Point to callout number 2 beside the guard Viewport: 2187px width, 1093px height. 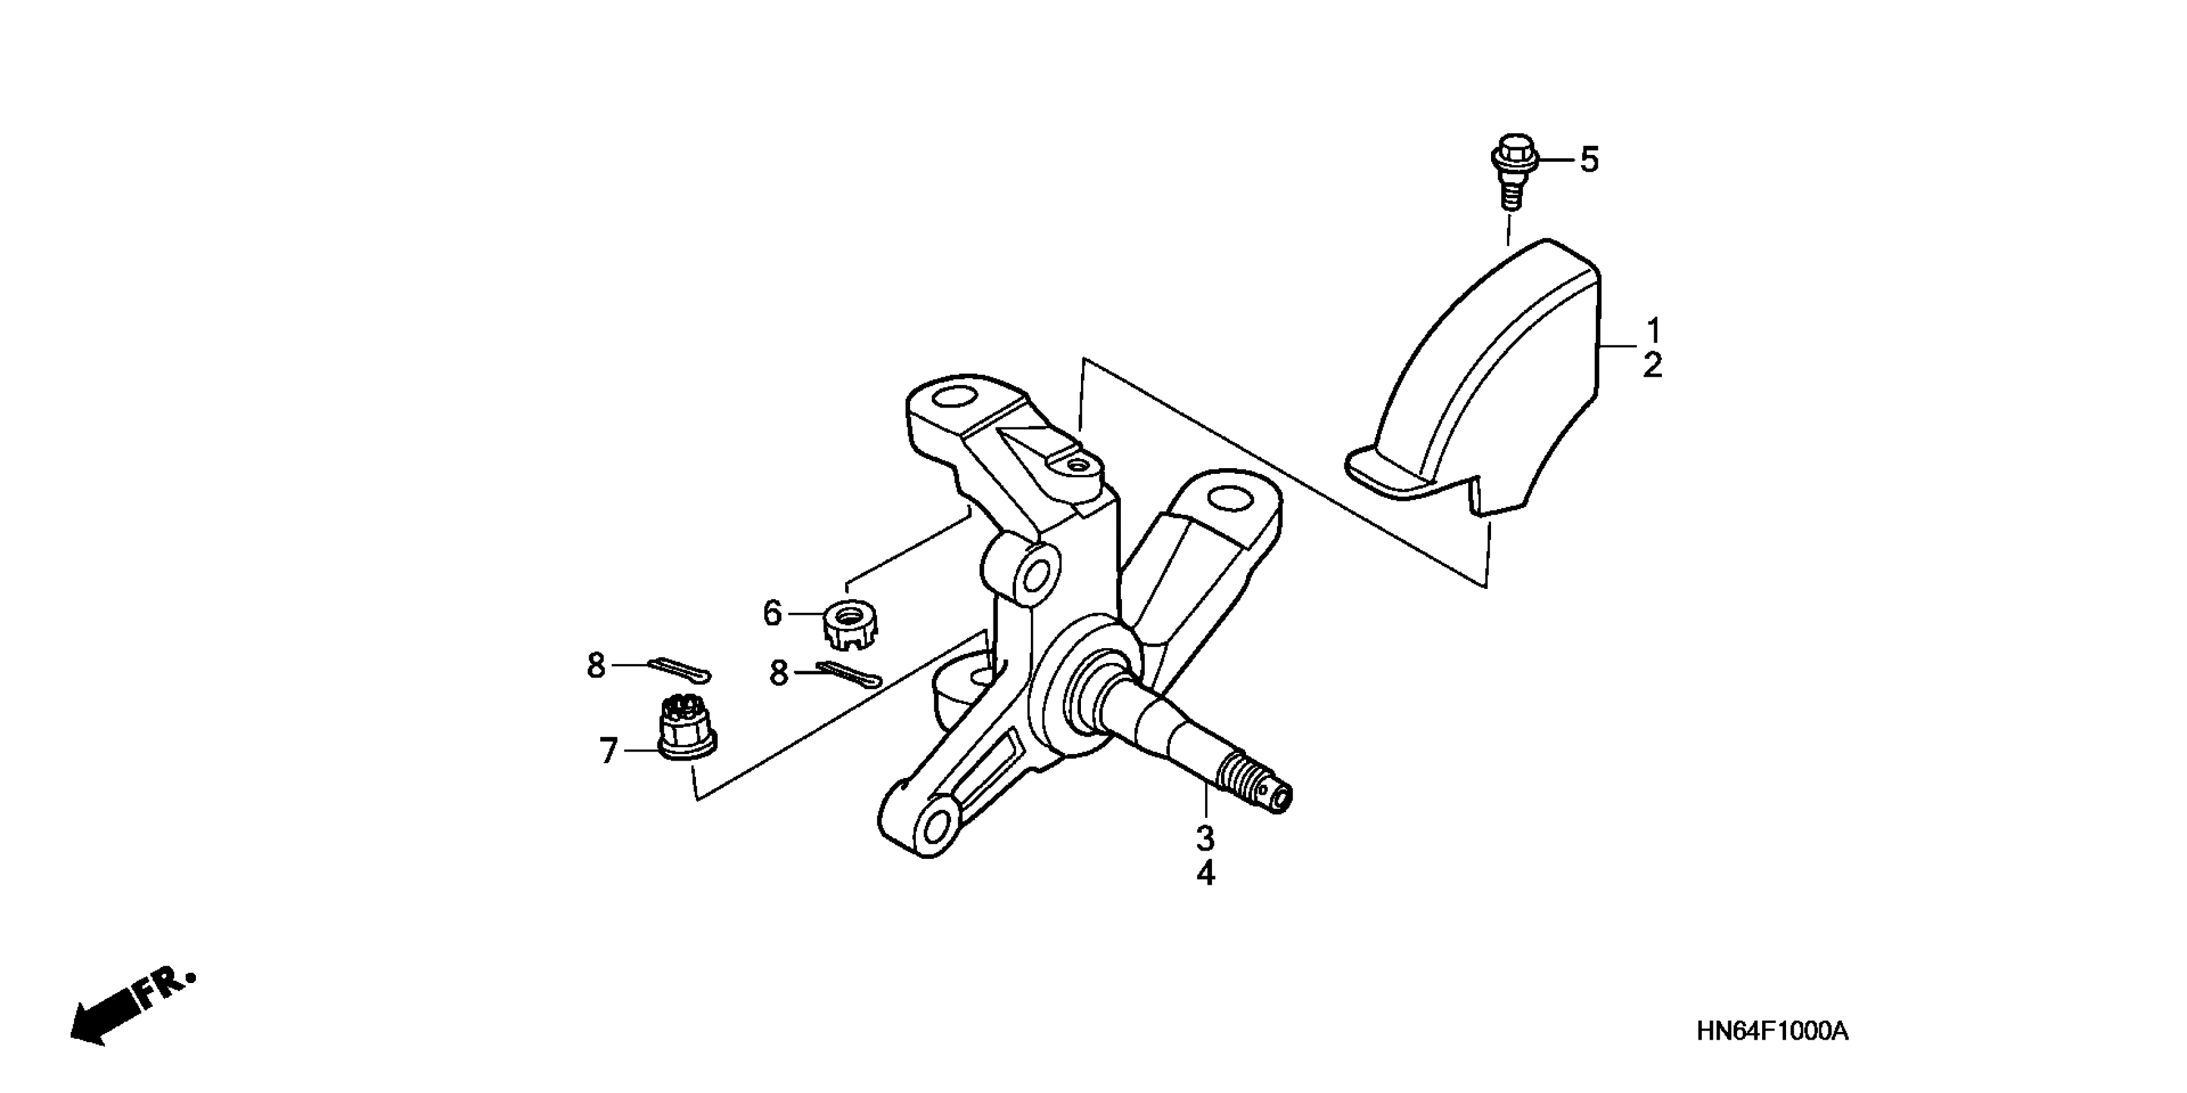coord(1652,365)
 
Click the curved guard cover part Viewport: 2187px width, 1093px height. coord(1494,382)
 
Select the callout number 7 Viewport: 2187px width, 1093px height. coord(608,751)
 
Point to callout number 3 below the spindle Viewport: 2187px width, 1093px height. coord(1206,839)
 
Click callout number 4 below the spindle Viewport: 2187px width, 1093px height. coord(1206,874)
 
